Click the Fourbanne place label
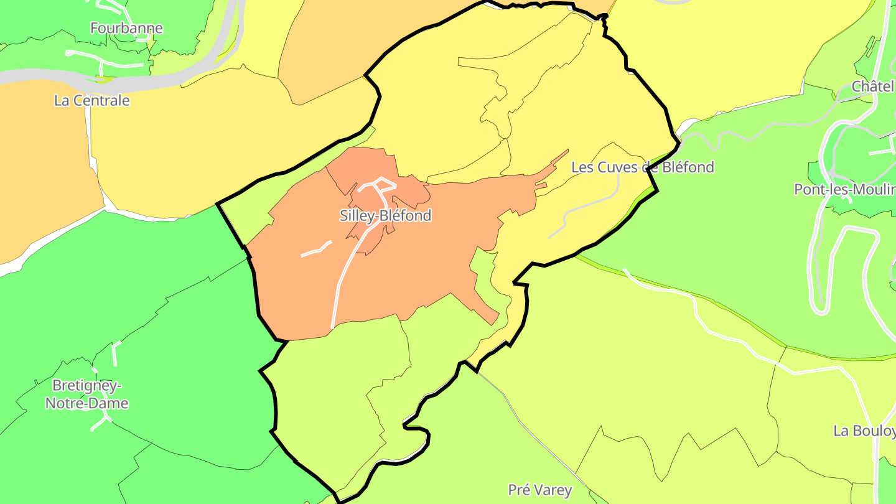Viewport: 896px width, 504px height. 126,28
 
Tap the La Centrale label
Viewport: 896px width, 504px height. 92,100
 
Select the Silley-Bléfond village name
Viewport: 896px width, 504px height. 385,216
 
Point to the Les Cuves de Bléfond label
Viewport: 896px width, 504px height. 642,167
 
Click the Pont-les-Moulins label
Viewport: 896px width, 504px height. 844,189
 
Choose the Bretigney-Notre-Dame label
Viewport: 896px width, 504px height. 87,394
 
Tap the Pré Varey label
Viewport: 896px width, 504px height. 539,490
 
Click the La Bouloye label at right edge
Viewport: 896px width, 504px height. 864,431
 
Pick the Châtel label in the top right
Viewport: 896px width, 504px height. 872,86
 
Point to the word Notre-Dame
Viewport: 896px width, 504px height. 87,403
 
